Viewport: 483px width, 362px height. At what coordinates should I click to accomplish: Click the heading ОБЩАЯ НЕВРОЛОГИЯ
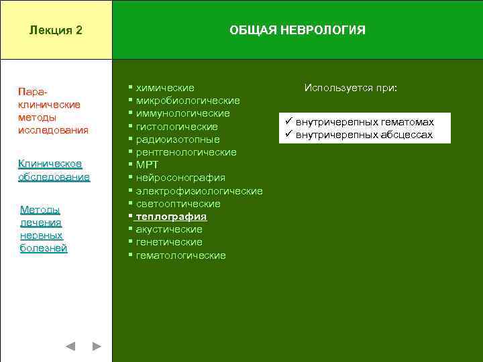point(297,30)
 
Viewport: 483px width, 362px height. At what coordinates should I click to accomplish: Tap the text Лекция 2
point(56,30)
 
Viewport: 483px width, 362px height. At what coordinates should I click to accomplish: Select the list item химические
point(165,88)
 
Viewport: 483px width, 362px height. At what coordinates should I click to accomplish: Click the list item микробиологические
point(188,101)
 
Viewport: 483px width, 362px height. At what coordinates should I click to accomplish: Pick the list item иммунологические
point(182,113)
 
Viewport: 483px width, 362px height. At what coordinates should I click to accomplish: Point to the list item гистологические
point(176,127)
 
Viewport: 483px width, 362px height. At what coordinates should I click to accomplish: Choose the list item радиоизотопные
point(178,139)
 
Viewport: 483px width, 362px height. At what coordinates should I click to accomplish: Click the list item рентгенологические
point(186,152)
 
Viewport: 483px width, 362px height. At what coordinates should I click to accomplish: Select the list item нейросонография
point(180,178)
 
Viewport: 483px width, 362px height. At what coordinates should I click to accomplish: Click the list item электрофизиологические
point(199,191)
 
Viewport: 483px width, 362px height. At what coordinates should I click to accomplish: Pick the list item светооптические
point(178,204)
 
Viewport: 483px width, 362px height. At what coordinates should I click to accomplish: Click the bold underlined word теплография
point(171,217)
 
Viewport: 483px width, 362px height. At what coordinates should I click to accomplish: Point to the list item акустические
point(169,229)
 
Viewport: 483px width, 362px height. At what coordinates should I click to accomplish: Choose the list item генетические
point(169,242)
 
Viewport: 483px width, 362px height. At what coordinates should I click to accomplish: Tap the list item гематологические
point(180,255)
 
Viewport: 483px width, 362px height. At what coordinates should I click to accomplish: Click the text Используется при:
point(350,88)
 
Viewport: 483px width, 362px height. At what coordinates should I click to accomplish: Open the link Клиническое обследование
point(54,170)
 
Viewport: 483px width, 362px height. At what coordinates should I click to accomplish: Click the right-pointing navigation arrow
point(97,347)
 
